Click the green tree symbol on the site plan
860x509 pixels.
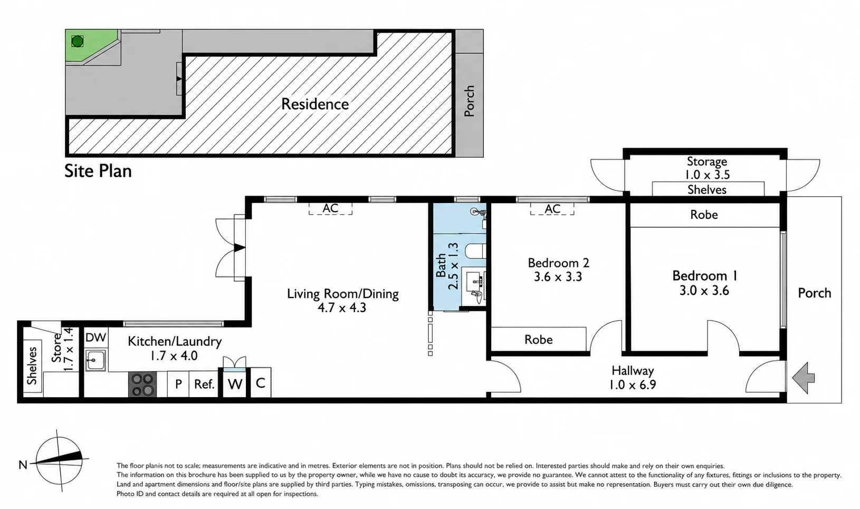tap(77, 41)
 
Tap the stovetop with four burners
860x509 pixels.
tap(142, 384)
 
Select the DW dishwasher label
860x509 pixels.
tap(95, 338)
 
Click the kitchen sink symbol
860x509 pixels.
tap(95, 360)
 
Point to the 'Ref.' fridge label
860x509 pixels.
tap(204, 384)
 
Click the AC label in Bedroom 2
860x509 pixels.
tap(552, 209)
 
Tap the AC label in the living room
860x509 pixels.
tap(330, 208)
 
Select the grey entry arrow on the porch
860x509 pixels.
tap(804, 378)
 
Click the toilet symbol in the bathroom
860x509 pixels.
tap(476, 252)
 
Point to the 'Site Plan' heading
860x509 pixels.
tap(98, 171)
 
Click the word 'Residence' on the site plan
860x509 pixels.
tap(315, 104)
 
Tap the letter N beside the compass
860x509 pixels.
tap(23, 465)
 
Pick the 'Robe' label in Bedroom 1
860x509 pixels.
tap(704, 215)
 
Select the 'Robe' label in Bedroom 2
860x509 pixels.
tap(538, 339)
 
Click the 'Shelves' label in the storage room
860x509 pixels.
tap(707, 190)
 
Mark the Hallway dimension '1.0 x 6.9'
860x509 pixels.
tap(632, 385)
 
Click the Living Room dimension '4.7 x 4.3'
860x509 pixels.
tap(342, 308)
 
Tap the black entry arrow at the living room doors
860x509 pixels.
tap(240, 248)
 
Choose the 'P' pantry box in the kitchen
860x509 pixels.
tap(178, 384)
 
